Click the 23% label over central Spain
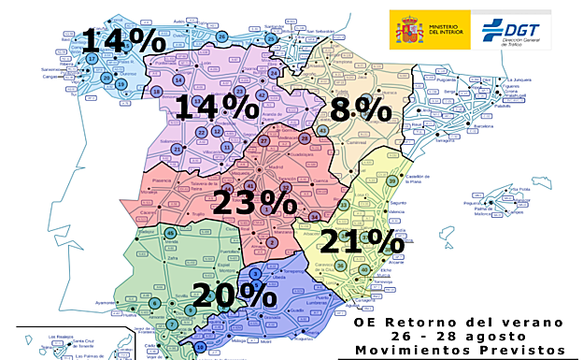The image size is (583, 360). (253, 202)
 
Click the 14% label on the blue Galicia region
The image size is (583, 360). (123, 40)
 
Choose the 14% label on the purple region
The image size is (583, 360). (217, 107)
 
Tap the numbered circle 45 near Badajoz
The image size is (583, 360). (170, 233)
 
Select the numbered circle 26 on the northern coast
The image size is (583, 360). (221, 36)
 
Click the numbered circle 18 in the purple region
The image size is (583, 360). (156, 91)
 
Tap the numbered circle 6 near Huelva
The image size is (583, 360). (154, 303)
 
